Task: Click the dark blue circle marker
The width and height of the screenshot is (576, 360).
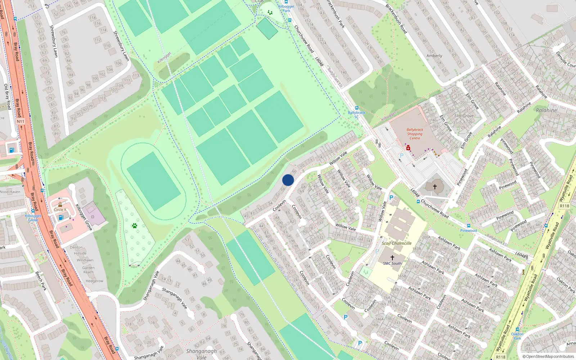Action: (288, 180)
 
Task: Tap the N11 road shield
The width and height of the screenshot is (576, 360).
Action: (21, 121)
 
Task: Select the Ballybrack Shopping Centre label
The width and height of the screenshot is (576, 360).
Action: (415, 134)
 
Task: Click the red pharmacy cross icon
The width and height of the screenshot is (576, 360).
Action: (408, 148)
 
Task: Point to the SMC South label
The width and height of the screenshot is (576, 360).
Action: (392, 264)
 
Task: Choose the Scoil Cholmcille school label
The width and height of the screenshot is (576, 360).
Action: (396, 243)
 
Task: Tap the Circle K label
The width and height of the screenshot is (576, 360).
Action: (60, 210)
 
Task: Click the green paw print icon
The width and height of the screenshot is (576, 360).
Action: (135, 226)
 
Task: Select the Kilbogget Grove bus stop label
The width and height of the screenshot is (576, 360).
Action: (33, 218)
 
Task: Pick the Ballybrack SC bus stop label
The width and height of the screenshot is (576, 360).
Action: (356, 114)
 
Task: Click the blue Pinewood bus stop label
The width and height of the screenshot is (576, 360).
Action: (468, 230)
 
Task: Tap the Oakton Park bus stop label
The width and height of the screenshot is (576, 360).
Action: (517, 336)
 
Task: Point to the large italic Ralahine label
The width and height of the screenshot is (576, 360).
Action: (546, 111)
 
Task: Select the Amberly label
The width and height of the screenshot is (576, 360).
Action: (434, 56)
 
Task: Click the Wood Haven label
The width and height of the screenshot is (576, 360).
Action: (10, 192)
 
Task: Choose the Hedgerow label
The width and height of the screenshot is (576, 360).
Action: (94, 281)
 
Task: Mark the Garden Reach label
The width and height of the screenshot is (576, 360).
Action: (89, 270)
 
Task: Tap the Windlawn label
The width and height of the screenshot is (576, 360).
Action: (85, 260)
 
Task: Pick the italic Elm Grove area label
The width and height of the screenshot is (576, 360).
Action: (464, 116)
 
